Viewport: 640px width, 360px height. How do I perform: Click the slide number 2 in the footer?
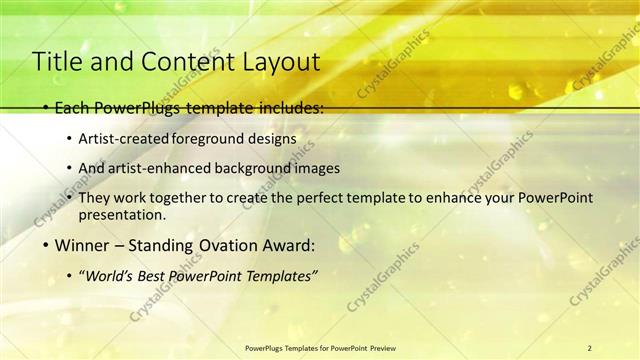[589, 347]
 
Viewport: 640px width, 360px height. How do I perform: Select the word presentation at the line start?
[121, 215]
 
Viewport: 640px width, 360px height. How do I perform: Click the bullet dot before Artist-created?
[68, 138]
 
